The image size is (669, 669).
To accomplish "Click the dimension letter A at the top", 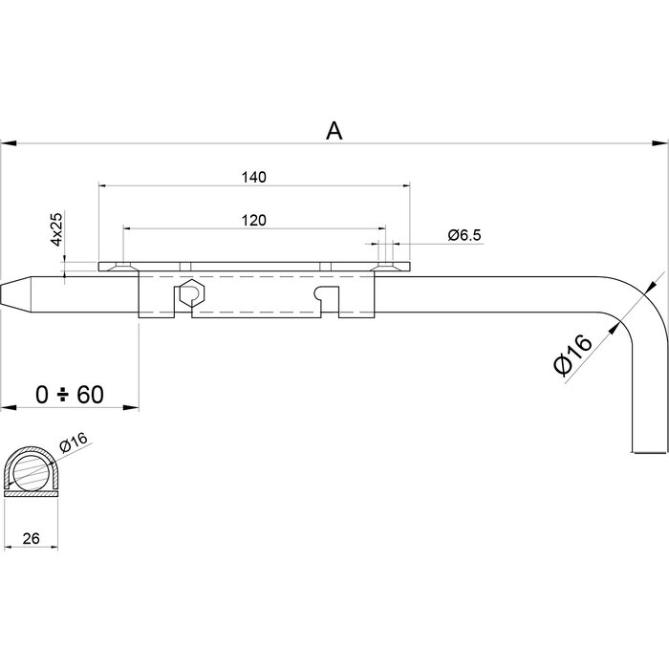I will coord(334,131).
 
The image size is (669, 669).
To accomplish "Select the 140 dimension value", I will coord(253,177).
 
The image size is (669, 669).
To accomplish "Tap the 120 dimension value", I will coord(253,219).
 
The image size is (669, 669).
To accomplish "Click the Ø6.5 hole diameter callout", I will coord(464,235).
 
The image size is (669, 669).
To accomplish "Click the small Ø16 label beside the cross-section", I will coord(74,441).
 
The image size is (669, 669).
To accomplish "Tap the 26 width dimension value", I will coord(30,539).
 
